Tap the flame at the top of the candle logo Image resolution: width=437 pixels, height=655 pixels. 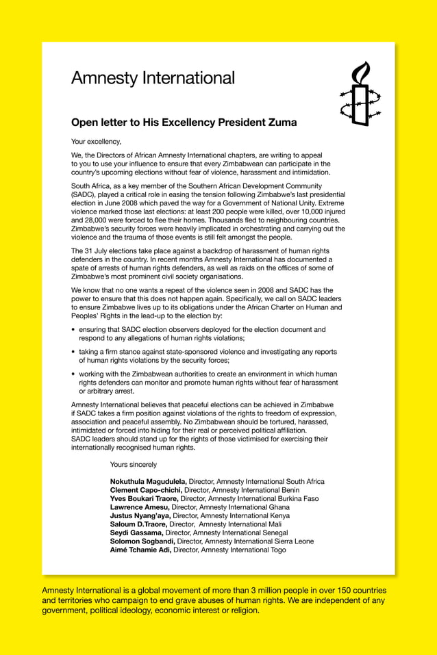[362, 70]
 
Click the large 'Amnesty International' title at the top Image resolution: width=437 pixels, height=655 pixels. [153, 78]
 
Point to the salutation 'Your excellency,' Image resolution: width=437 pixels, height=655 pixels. [96, 142]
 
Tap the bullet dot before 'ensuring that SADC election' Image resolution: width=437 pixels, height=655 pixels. [73, 330]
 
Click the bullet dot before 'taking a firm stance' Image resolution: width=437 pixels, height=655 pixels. [73, 352]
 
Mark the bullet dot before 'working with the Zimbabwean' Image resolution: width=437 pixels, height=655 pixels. [73, 374]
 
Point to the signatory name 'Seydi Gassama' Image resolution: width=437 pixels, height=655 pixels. [136, 532]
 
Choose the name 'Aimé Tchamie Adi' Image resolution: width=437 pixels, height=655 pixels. [140, 550]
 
